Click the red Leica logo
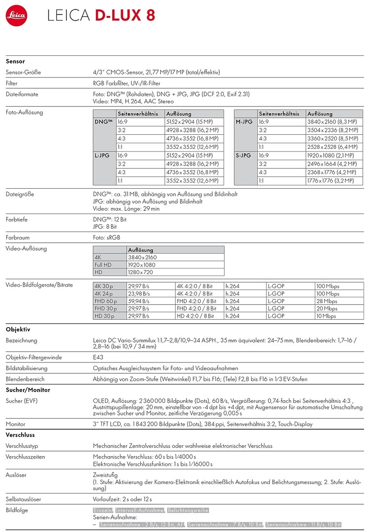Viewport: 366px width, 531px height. pos(16,16)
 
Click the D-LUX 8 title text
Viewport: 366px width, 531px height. pos(125,16)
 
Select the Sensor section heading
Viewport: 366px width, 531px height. pos(15,62)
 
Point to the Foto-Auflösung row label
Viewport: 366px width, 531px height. pos(24,113)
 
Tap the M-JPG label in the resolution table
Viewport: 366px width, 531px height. pos(244,122)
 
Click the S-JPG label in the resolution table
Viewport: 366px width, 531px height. pos(244,155)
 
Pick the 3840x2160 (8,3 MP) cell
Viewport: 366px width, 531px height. pos(332,122)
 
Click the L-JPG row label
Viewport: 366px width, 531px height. pos(102,155)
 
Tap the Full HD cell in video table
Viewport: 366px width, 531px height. pos(103,265)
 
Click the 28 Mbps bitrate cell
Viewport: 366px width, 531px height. pos(327,301)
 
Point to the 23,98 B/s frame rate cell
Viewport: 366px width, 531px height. pos(138,293)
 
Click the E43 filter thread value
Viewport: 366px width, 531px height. pos(98,357)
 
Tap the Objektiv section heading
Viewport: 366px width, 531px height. pos(18,330)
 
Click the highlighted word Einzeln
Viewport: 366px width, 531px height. pos(103,511)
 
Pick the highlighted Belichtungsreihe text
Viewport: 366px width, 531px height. pos(188,511)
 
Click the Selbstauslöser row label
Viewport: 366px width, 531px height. pos(23,499)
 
